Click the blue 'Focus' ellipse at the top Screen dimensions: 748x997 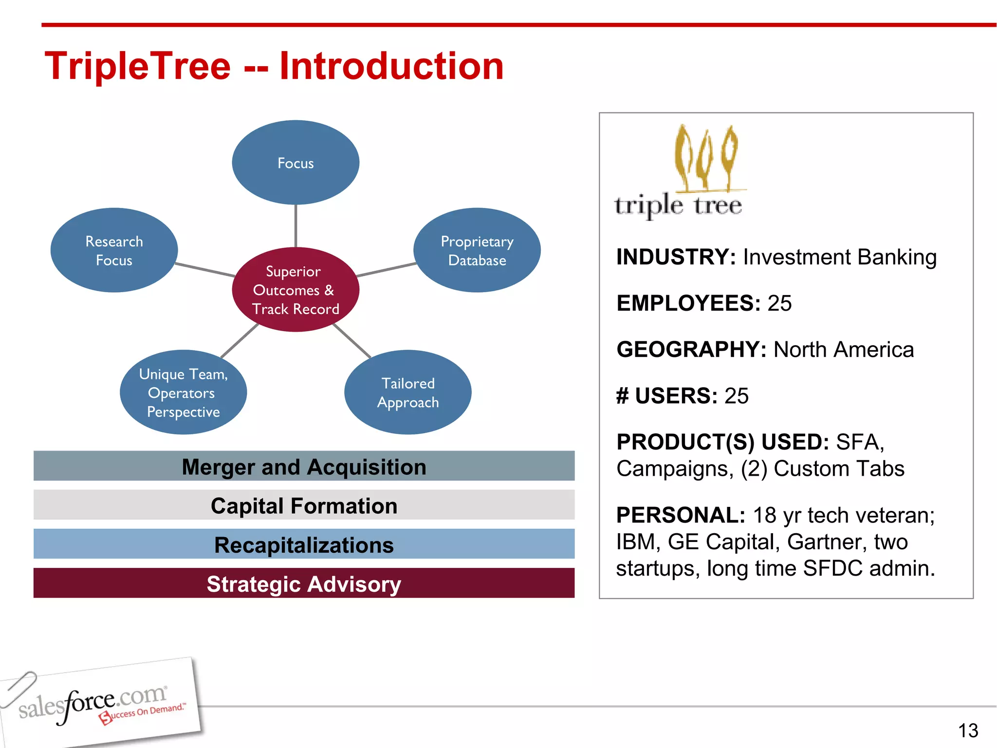[295, 163]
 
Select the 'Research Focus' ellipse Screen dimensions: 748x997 [114, 250]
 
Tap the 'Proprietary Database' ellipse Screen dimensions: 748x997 [477, 250]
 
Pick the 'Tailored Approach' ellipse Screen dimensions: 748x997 [407, 393]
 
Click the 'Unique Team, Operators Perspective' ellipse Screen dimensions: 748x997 [183, 393]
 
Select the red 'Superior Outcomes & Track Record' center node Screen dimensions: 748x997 [295, 290]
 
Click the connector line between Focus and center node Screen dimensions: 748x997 [295, 225]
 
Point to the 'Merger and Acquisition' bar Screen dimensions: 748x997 [304, 467]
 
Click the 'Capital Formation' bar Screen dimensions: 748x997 [304, 505]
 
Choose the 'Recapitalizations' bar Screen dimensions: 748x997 [304, 544]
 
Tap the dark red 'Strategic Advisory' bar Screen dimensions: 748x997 [304, 583]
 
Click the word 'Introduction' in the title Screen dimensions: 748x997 [391, 66]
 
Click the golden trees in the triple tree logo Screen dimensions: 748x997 [706, 158]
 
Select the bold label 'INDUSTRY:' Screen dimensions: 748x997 [676, 257]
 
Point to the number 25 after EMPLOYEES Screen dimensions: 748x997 [779, 303]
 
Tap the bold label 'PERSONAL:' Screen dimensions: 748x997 [681, 515]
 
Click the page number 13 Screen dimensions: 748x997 [968, 730]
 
